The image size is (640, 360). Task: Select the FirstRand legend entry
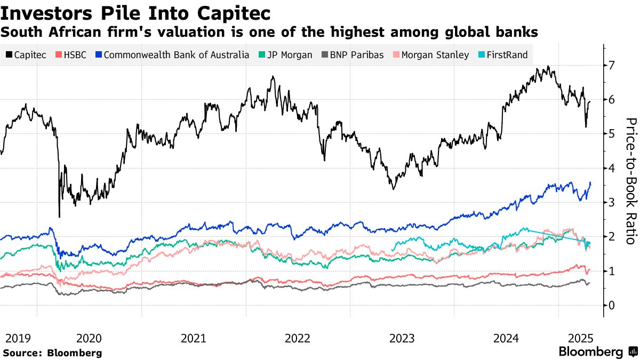(506, 54)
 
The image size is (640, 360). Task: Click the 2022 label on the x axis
(298, 338)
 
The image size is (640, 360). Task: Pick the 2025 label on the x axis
(581, 338)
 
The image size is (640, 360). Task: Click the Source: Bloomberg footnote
(52, 353)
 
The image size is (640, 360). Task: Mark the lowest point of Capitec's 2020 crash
(59, 217)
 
